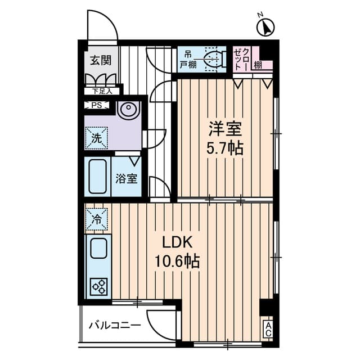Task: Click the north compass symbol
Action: point(265,26)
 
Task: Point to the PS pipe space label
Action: point(94,105)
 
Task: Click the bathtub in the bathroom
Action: point(98,176)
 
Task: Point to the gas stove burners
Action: point(99,286)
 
